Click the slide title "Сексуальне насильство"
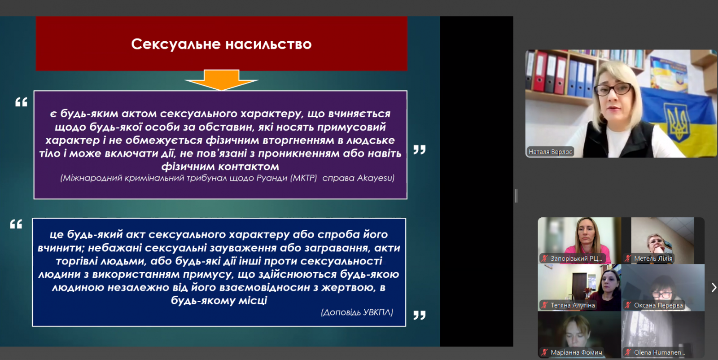pyautogui.click(x=221, y=44)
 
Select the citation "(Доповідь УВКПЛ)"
pyautogui.click(x=357, y=312)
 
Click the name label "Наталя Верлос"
pyautogui.click(x=550, y=152)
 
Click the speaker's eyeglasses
pyautogui.click(x=613, y=89)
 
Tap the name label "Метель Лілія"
pyautogui.click(x=653, y=259)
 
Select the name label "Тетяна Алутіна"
pyautogui.click(x=573, y=305)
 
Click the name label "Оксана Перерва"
pyautogui.click(x=658, y=305)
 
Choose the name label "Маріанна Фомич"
pyautogui.click(x=576, y=352)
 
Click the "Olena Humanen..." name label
pyautogui.click(x=659, y=352)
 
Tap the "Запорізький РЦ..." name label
pyautogui.click(x=576, y=259)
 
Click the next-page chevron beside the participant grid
pyautogui.click(x=714, y=287)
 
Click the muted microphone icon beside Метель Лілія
pyautogui.click(x=628, y=259)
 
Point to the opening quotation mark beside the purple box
pyautogui.click(x=21, y=102)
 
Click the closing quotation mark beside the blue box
pyautogui.click(x=419, y=315)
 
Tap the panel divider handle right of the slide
pyautogui.click(x=516, y=196)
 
